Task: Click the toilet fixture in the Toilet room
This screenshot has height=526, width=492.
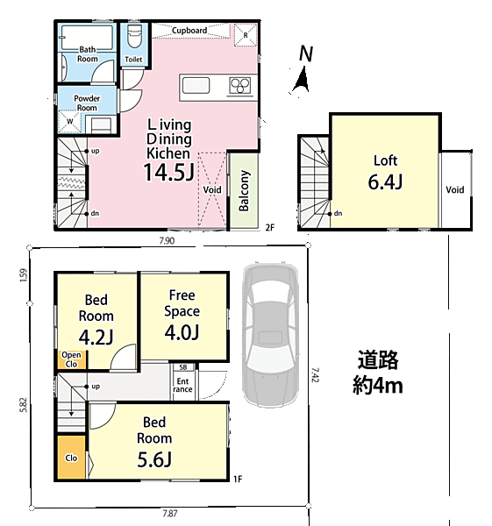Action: [x=134, y=37]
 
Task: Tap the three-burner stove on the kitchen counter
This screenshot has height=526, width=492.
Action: [x=239, y=86]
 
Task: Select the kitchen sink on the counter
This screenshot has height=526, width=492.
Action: [x=196, y=85]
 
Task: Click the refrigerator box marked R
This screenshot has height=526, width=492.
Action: [x=246, y=34]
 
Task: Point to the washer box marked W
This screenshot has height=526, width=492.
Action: [x=70, y=121]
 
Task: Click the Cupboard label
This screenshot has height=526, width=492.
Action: [x=189, y=31]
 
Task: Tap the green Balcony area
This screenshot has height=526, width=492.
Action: [x=244, y=191]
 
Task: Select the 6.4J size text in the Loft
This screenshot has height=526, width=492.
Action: [x=385, y=182]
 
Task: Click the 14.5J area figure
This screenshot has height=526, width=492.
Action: [x=168, y=172]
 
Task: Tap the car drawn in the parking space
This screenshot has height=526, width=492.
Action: [x=270, y=334]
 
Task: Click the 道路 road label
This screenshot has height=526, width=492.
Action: [x=378, y=359]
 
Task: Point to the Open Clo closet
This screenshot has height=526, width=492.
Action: [x=71, y=359]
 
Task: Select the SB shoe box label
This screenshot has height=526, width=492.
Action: [x=183, y=367]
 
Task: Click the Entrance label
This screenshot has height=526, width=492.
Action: [x=182, y=385]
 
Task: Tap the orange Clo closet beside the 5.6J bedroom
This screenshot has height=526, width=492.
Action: [x=71, y=458]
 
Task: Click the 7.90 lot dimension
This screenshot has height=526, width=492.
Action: [x=167, y=241]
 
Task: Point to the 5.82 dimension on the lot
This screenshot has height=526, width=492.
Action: [x=23, y=405]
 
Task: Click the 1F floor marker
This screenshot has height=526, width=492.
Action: [x=238, y=479]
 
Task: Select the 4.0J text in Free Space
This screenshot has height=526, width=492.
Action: [x=182, y=332]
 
